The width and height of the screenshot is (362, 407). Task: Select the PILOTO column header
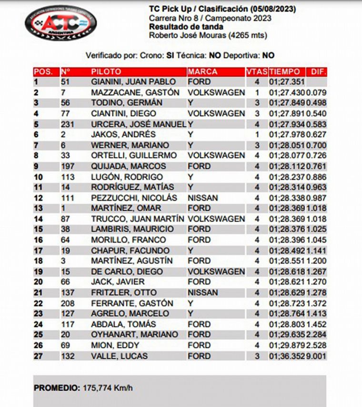pos(106,71)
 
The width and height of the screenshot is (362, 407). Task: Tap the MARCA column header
pos(202,71)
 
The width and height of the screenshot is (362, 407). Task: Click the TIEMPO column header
pos(284,71)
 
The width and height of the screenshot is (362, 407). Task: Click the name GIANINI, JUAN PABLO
pos(133,82)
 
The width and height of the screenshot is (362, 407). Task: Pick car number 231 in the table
pos(68,124)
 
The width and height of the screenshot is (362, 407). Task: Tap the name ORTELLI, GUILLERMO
pos(134,155)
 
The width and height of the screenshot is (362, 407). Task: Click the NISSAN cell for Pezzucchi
pos(203,197)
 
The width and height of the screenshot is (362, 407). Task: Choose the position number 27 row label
pos(38,356)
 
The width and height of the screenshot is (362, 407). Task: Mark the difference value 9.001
pos(317,356)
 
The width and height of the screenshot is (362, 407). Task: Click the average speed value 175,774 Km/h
pos(108,388)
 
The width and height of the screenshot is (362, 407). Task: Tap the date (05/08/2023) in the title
pos(272,9)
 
